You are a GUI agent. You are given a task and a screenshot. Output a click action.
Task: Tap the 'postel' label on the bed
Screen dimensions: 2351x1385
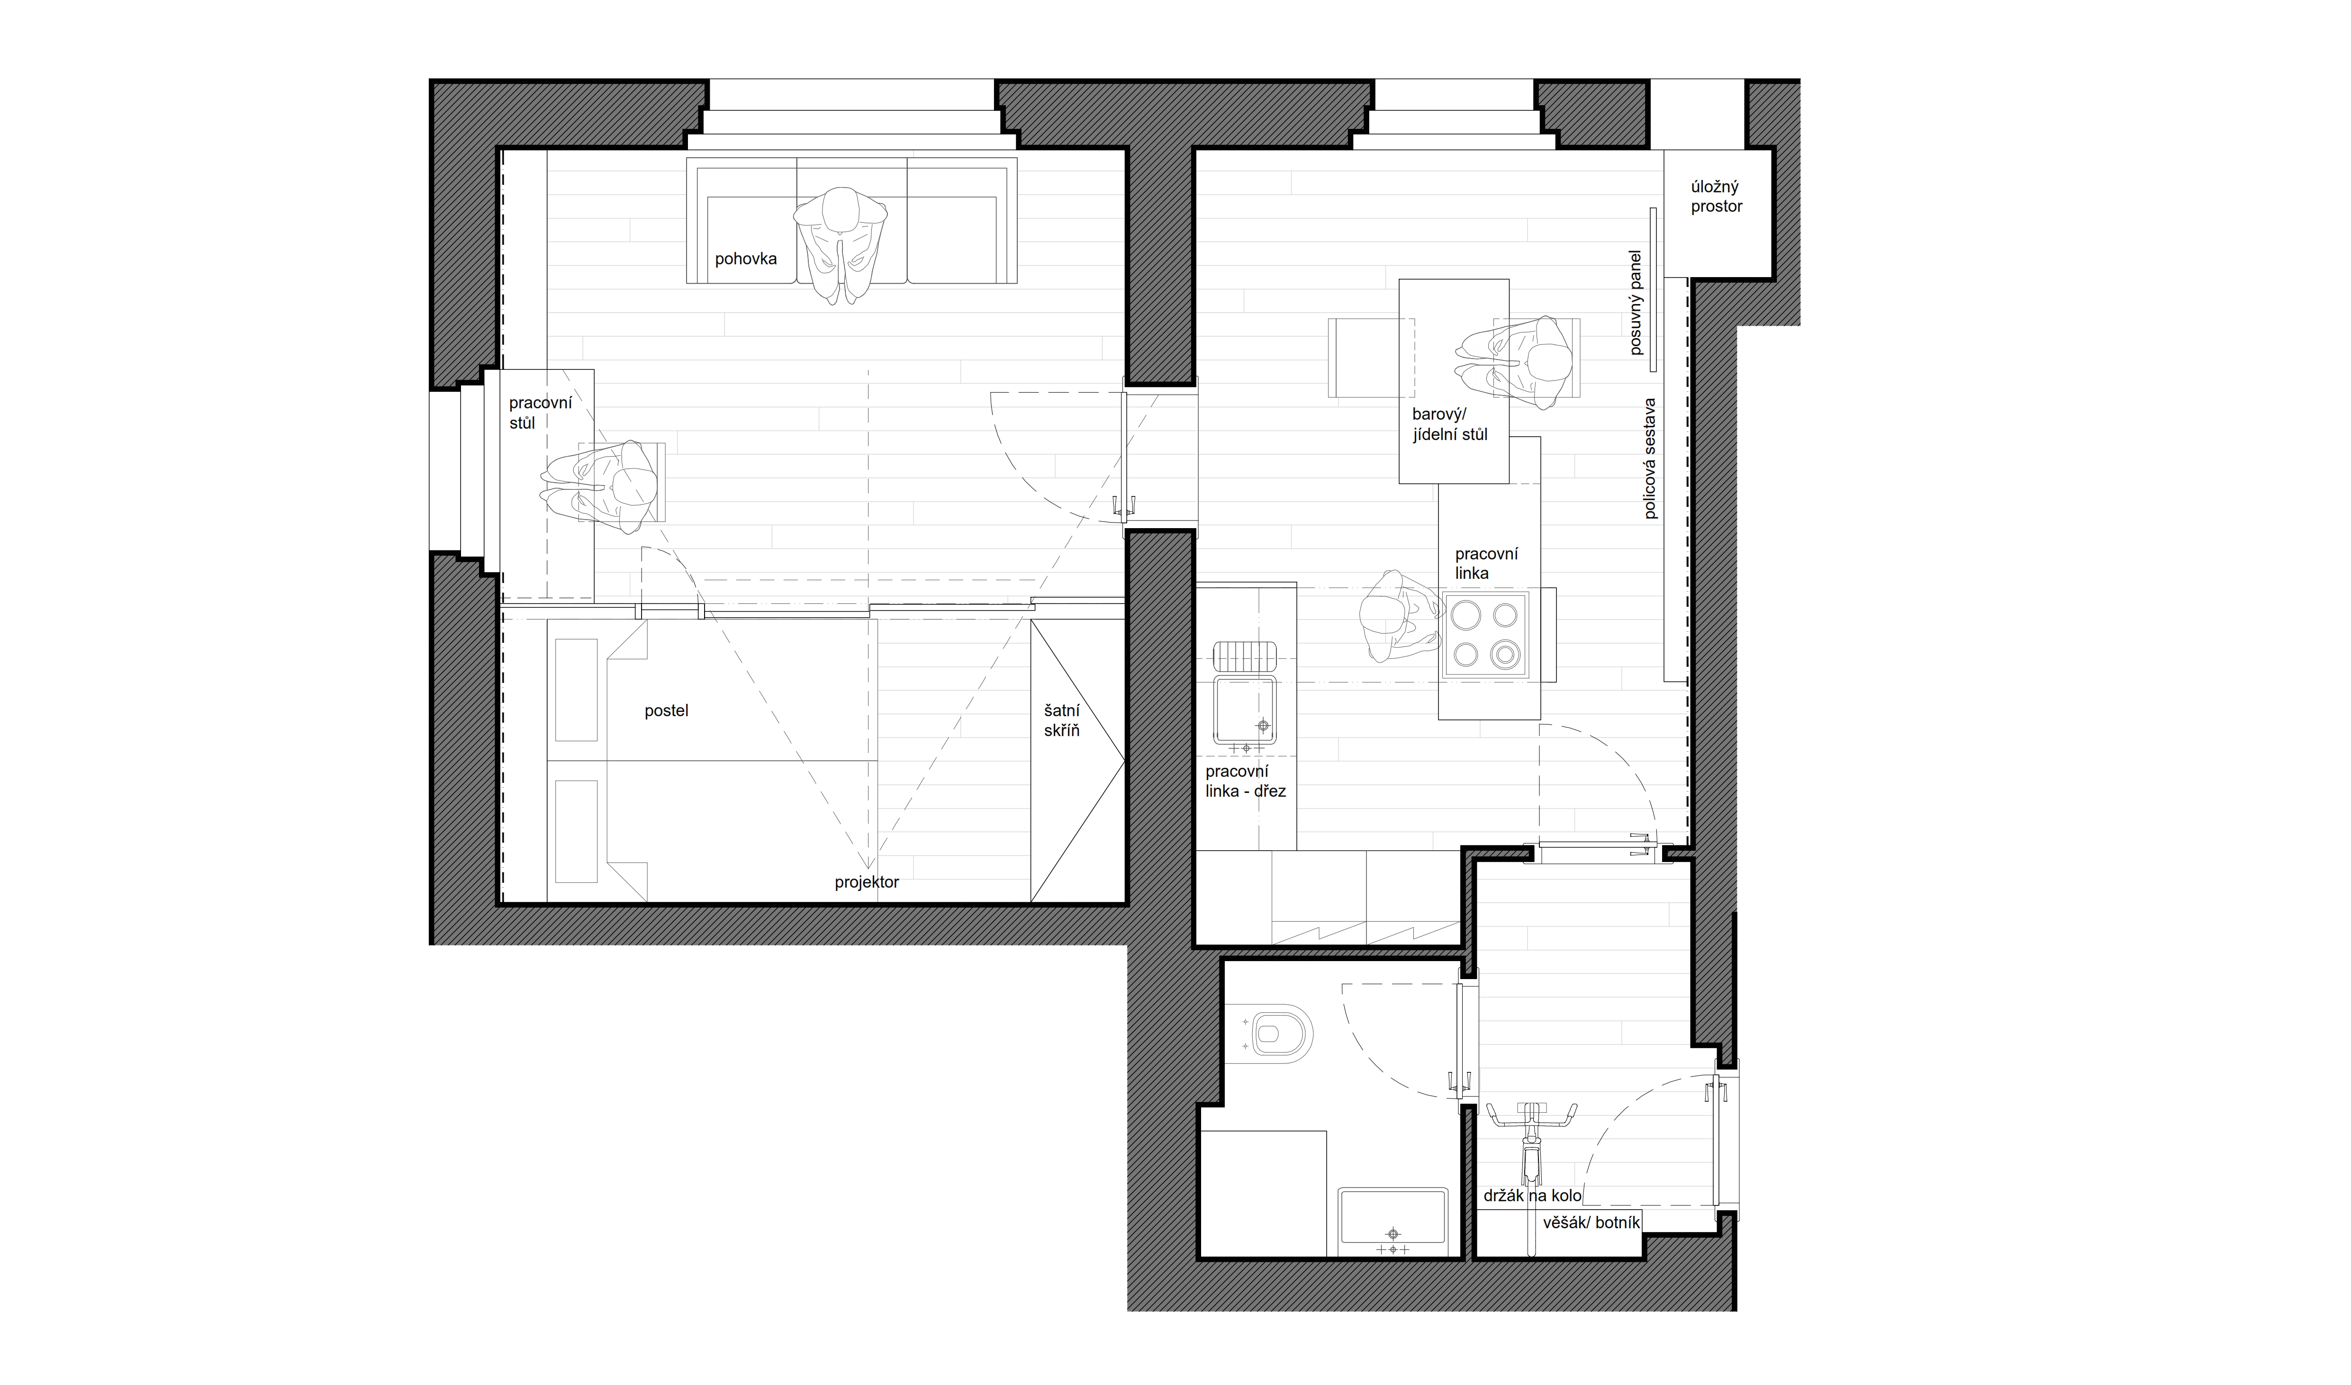[666, 711]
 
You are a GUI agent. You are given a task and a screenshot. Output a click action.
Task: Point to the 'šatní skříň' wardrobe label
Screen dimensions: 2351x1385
[1062, 720]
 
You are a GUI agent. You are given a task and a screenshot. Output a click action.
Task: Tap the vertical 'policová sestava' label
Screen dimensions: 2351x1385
[1650, 459]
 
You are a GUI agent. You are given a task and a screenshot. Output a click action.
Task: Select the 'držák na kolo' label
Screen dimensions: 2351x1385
[1532, 1196]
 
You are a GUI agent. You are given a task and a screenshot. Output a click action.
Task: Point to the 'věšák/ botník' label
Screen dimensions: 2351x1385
[1591, 1223]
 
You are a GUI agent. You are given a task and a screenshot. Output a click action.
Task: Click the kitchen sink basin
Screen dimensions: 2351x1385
[1244, 709]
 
